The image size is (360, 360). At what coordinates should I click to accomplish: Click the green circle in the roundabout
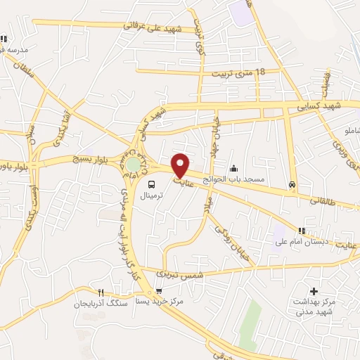(x=132, y=165)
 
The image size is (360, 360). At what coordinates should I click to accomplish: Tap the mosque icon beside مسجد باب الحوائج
(x=234, y=168)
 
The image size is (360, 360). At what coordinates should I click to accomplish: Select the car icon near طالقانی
(x=292, y=186)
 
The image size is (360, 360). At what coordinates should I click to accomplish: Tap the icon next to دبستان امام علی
(x=302, y=230)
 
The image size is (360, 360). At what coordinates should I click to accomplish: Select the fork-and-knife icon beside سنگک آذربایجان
(x=103, y=292)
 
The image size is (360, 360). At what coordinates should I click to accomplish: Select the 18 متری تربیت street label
(x=233, y=72)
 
